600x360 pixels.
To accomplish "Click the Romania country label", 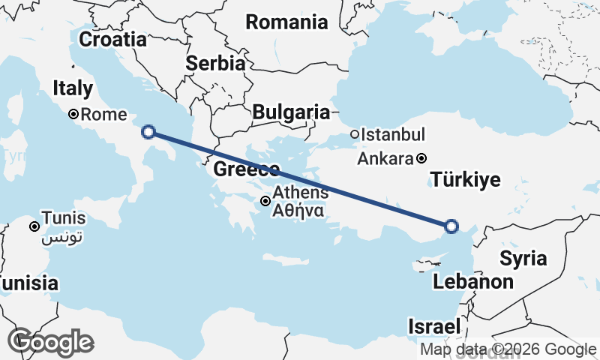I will (287, 22).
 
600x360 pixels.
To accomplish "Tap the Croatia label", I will (112, 39).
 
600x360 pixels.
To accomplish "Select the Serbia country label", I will (216, 64).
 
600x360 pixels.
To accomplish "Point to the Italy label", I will (73, 88).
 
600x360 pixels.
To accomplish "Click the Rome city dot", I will (73, 115).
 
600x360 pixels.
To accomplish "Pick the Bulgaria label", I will (291, 112).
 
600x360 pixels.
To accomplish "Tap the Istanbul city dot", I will (355, 135).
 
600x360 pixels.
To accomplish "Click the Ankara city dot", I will (422, 158).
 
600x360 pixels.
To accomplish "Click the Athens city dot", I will (265, 201).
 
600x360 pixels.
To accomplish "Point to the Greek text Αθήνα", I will (298, 211).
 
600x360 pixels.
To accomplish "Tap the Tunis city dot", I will (34, 226).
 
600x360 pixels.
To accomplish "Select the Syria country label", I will (523, 259).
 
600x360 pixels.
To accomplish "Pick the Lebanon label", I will (473, 282).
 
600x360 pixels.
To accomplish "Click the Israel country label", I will (433, 327).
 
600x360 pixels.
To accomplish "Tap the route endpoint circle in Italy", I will (148, 132).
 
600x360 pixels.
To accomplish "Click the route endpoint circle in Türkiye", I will (451, 226).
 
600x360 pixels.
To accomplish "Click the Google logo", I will (50, 342).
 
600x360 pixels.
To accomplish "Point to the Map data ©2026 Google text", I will (508, 349).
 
